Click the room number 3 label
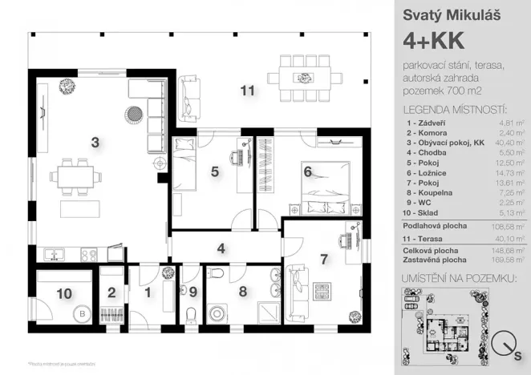point(95,143)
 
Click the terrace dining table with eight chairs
point(304,71)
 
